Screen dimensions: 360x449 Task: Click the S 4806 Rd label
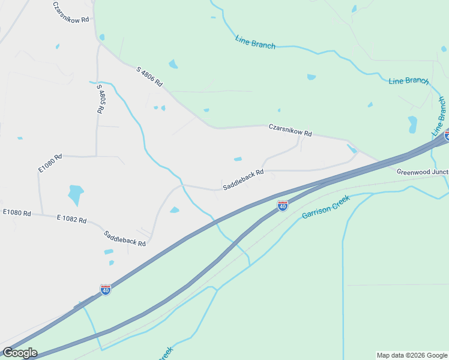(149, 77)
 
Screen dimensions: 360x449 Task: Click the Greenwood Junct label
(423, 172)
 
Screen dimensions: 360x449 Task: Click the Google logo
(19, 353)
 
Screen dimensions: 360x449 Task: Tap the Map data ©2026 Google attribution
(412, 355)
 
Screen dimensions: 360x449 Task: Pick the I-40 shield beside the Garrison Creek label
(282, 206)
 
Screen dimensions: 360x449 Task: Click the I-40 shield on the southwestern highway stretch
(106, 290)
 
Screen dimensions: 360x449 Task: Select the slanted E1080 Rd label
(50, 164)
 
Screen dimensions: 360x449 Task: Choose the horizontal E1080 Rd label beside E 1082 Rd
(17, 212)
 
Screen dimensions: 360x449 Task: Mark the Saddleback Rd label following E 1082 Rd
(125, 239)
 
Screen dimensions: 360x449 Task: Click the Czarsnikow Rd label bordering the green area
(290, 130)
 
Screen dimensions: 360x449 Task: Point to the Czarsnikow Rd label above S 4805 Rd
(71, 12)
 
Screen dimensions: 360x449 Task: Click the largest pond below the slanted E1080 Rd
(76, 194)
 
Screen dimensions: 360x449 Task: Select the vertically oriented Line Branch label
(439, 116)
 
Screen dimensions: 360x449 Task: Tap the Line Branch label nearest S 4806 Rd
(256, 43)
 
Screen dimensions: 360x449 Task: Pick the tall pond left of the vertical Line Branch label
(412, 124)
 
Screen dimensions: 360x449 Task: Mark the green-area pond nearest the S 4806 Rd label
(173, 64)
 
